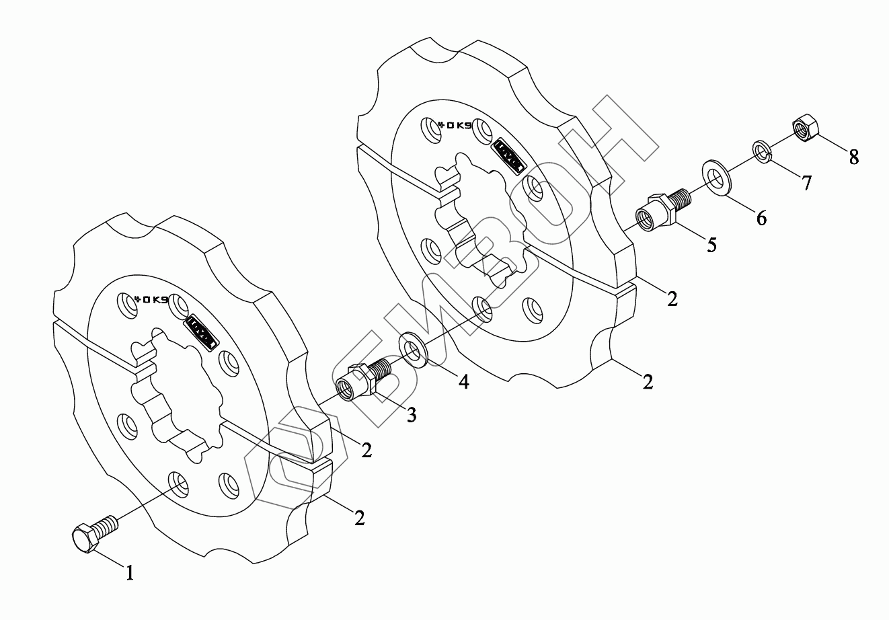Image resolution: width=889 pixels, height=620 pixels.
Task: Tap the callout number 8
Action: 853,157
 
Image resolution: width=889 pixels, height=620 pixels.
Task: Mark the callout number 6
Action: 761,218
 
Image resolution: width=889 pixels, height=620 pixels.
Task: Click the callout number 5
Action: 711,245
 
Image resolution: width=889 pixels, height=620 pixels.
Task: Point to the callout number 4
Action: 463,382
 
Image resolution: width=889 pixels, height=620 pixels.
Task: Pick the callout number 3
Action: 410,415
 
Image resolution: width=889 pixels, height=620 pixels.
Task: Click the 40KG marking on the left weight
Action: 151,299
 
